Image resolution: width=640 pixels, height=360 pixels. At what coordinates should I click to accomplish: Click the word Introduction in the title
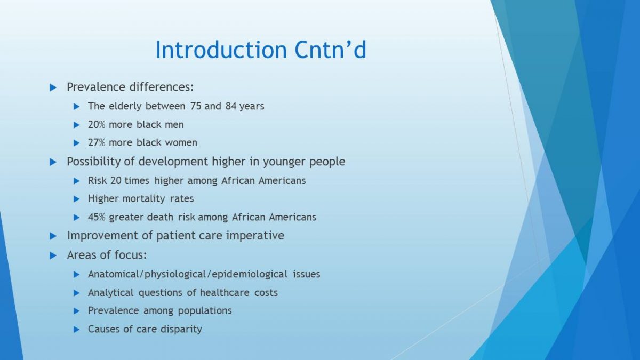(x=221, y=50)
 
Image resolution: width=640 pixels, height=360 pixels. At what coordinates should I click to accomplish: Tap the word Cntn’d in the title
(x=330, y=50)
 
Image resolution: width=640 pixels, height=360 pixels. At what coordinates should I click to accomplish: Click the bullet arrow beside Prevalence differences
(x=53, y=87)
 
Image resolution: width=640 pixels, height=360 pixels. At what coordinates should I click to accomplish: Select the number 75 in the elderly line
(x=195, y=106)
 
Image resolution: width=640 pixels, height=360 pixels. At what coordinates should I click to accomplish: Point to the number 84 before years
(x=231, y=106)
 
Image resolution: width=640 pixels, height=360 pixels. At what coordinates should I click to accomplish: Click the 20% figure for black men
(x=97, y=125)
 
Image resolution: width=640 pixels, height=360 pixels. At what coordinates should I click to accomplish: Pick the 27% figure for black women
(x=97, y=142)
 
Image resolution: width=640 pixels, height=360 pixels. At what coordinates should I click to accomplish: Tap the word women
(x=181, y=142)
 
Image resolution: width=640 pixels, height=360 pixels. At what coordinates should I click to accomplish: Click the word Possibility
(x=94, y=162)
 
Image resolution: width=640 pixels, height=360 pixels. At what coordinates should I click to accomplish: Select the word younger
(x=284, y=162)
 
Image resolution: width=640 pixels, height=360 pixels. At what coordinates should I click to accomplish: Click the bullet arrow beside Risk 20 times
(x=77, y=181)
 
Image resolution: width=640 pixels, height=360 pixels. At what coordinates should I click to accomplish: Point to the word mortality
(x=143, y=199)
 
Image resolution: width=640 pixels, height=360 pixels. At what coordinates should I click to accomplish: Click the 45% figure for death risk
(x=97, y=217)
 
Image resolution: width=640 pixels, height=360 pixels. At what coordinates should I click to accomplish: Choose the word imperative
(x=255, y=236)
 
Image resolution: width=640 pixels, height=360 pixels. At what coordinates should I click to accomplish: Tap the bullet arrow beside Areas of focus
(x=53, y=255)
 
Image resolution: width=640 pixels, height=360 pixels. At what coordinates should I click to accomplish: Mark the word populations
(x=205, y=311)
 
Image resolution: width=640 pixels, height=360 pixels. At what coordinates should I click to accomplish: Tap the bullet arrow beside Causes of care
(x=77, y=330)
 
